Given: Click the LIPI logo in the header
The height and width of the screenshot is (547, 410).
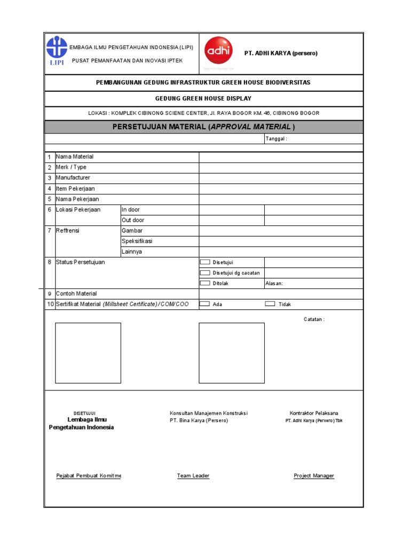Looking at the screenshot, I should (57, 51).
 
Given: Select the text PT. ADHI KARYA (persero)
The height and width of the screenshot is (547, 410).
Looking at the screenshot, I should (281, 53).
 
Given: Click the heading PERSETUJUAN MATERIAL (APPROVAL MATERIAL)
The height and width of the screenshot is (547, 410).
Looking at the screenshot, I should (203, 127).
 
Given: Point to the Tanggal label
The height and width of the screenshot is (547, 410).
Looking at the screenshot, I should (276, 139).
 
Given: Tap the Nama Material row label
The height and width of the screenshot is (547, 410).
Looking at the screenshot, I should (75, 157).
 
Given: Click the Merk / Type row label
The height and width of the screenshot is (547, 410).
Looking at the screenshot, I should (71, 167).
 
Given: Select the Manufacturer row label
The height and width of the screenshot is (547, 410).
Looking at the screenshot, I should (73, 178).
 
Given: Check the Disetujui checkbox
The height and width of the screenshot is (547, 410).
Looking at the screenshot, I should (205, 262).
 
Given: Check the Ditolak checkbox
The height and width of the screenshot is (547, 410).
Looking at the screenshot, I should (205, 283).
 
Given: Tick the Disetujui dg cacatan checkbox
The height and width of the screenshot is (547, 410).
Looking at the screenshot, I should (205, 272).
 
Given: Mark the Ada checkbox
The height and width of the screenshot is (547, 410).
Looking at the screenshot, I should (205, 304).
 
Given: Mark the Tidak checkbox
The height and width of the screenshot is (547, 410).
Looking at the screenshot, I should (270, 304).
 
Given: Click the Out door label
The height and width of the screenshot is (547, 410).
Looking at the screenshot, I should (133, 220).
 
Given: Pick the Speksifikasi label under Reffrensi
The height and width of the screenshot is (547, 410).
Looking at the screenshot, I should (137, 241).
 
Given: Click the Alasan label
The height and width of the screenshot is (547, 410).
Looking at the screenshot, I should (274, 284).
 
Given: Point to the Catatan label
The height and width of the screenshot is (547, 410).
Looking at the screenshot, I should (314, 319).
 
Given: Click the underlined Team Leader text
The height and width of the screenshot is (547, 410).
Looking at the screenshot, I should (193, 476).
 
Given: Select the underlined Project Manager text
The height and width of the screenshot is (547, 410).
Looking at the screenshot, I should (314, 476).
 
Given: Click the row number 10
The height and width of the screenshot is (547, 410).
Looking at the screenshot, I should (50, 304).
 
